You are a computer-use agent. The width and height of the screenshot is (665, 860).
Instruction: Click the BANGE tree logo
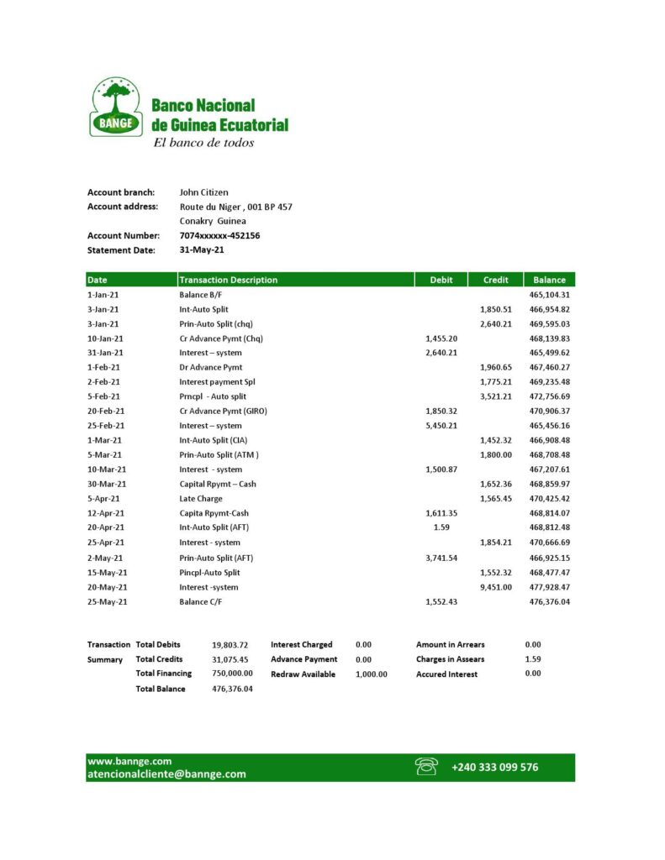point(115,107)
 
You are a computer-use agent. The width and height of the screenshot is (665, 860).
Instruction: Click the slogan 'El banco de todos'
point(203,143)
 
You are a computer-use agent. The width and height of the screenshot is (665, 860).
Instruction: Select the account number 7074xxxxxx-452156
point(219,236)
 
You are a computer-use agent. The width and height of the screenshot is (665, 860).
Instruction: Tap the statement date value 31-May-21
point(202,250)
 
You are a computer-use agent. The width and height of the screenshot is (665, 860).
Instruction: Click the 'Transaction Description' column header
point(228,280)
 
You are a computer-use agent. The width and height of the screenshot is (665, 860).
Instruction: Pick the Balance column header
point(549,280)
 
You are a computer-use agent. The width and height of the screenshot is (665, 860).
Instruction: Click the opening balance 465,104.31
point(550,295)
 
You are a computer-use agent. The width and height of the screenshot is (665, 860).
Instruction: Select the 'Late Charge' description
point(201,498)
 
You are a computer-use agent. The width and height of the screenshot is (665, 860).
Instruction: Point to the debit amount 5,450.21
point(441,426)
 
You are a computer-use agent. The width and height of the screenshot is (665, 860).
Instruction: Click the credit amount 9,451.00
point(495,587)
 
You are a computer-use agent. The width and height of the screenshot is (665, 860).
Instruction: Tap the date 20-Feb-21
point(106,411)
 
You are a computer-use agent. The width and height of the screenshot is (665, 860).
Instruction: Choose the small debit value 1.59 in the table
point(441,527)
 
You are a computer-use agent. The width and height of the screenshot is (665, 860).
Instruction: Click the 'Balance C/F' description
point(202,601)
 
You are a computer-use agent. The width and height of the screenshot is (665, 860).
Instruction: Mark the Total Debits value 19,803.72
point(230,645)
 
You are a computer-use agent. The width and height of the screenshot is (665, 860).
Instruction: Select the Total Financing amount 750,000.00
point(233,674)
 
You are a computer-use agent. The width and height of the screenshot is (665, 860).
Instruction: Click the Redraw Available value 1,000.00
point(372,674)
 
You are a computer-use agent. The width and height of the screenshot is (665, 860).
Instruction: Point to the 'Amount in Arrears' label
point(450,645)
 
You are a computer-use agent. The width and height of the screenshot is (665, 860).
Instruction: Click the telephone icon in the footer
point(426,766)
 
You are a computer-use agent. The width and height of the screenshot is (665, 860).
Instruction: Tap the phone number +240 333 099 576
point(494,767)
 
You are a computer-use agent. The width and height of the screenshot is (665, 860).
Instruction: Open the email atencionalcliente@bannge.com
point(166,774)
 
